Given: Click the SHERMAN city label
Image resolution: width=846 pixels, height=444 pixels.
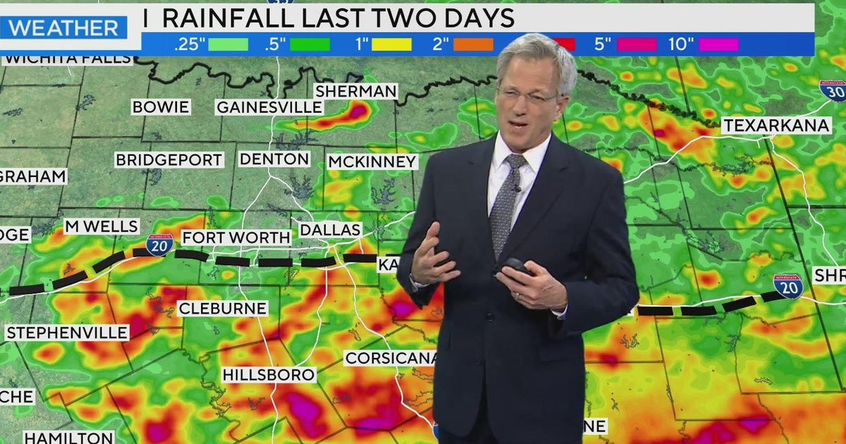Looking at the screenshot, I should click(356, 91).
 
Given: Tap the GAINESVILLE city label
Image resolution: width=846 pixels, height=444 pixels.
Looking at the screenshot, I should click(269, 107).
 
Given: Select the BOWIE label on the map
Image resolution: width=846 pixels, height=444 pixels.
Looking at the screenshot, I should click(161, 107).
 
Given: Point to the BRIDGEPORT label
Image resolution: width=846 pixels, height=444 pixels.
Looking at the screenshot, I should click(169, 160).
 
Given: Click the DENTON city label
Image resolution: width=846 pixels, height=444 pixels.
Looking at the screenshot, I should click(274, 159).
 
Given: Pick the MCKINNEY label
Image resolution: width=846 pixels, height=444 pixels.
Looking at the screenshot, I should click(372, 162).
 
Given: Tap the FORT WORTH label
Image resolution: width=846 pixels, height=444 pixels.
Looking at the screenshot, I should click(236, 238).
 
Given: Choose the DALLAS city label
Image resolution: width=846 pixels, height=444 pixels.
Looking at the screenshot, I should click(331, 230).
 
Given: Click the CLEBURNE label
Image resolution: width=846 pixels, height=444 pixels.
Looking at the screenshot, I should click(222, 308).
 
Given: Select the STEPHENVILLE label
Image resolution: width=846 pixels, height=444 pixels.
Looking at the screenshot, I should click(67, 333).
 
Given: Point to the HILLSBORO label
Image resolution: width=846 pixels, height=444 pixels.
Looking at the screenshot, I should click(269, 375).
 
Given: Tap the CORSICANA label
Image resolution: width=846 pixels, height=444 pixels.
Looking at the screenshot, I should click(390, 358).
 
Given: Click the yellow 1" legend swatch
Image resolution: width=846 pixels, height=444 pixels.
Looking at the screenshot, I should click(392, 44).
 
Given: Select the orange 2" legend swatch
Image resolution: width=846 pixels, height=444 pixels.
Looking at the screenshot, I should click(473, 44).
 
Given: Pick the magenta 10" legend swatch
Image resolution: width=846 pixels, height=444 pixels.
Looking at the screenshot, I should click(718, 44).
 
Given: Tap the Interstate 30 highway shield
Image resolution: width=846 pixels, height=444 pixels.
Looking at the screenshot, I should click(833, 90).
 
